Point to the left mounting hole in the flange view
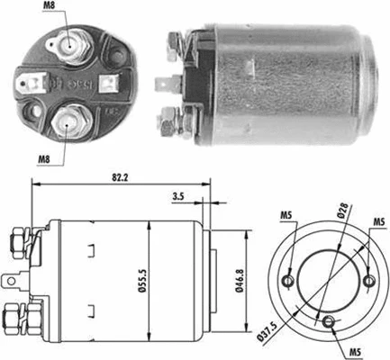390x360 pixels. pos(288,281)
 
